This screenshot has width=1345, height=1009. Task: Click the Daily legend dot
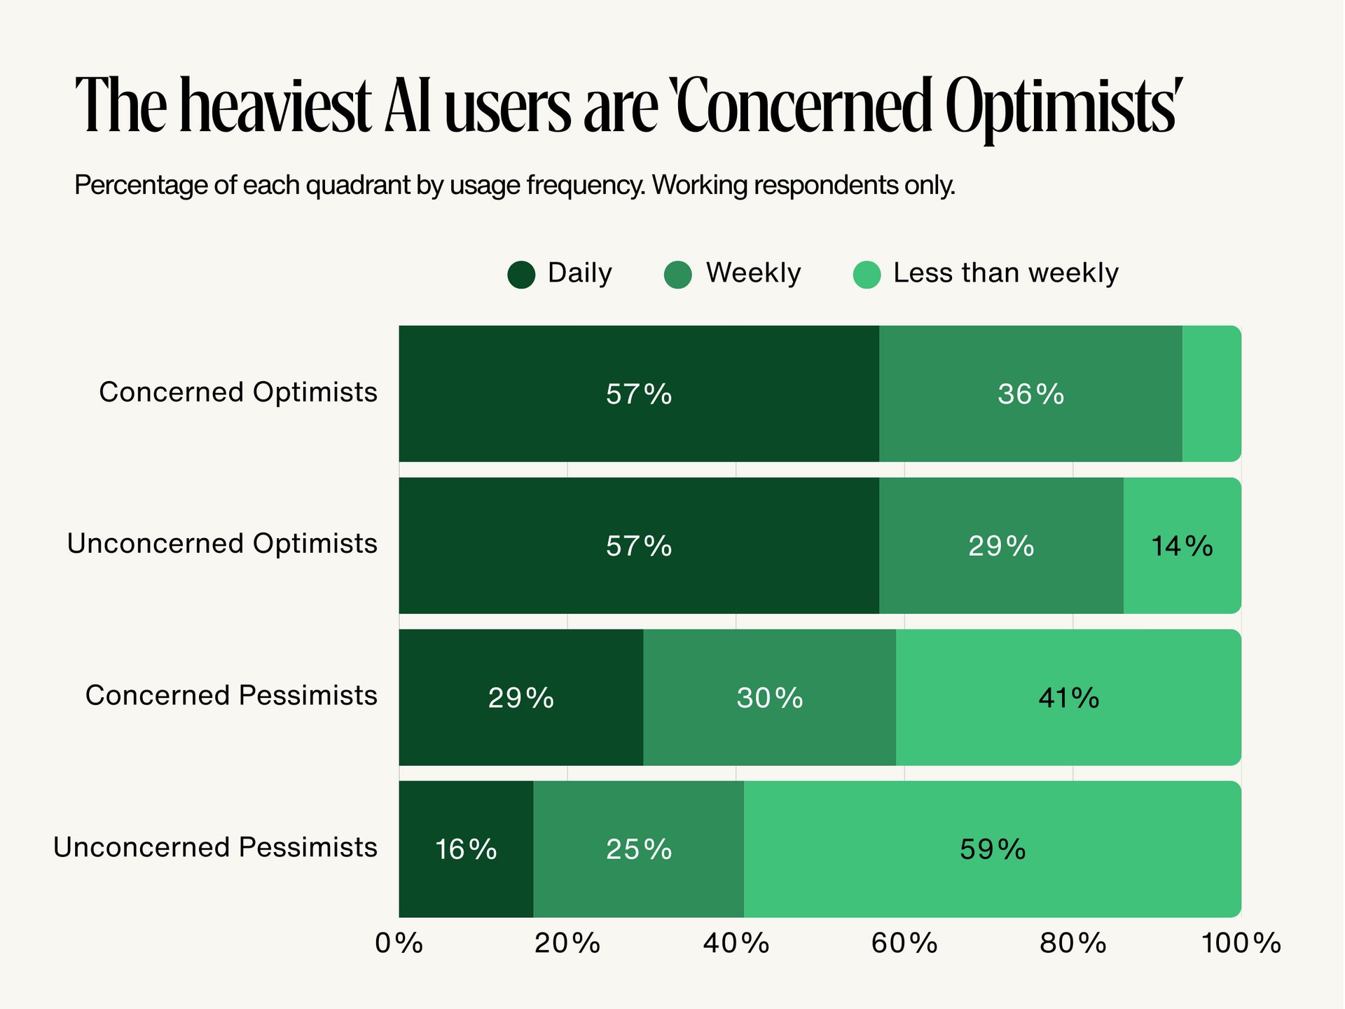(521, 275)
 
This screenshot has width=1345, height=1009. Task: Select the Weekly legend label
(753, 273)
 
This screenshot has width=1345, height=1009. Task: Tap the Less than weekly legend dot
(867, 275)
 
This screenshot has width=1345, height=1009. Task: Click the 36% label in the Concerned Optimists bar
(1030, 394)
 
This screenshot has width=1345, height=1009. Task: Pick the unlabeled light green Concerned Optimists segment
(1211, 394)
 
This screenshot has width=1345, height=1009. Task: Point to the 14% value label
(1182, 546)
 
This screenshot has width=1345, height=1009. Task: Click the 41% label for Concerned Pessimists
(1068, 698)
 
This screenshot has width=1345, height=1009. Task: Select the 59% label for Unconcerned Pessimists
(993, 850)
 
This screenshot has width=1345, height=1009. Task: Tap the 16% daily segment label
(466, 850)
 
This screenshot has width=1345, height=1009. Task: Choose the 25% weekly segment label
(639, 850)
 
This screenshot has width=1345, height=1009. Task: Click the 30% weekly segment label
(769, 698)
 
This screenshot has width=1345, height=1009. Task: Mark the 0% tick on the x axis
(399, 944)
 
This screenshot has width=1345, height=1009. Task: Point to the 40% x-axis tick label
(736, 944)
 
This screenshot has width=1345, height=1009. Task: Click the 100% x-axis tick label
(1241, 944)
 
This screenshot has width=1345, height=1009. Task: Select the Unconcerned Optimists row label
(222, 544)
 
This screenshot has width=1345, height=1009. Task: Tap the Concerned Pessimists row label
(231, 696)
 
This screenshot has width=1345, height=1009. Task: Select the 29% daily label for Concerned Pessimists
(521, 698)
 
